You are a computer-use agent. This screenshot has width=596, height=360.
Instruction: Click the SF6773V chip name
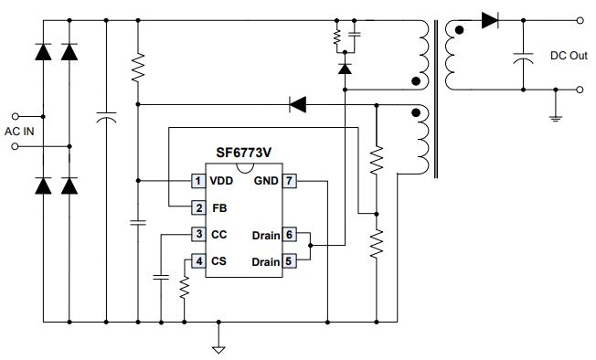(x=244, y=153)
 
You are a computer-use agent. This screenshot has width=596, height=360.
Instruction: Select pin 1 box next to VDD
(x=198, y=181)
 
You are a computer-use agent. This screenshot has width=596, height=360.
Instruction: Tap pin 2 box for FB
(x=198, y=207)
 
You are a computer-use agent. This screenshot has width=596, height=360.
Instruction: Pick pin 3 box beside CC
(x=198, y=234)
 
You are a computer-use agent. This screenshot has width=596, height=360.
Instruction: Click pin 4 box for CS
(x=198, y=261)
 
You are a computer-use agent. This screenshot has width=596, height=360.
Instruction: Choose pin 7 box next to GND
(x=289, y=181)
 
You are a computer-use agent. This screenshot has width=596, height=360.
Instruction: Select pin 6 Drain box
(x=289, y=235)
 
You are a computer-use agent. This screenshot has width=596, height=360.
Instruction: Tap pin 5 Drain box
(x=289, y=261)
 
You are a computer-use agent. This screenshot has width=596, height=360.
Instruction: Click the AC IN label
(x=19, y=132)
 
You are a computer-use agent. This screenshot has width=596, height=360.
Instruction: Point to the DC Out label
(x=569, y=56)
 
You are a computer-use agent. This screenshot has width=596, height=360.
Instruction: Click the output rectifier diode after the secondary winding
(x=490, y=20)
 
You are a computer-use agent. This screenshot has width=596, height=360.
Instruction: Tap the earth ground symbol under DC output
(x=556, y=119)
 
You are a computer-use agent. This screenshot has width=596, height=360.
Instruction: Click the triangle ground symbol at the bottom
(x=218, y=350)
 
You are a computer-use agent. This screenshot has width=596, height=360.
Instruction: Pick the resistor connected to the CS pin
(x=185, y=288)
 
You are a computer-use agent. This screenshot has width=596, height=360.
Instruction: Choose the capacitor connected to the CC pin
(x=161, y=277)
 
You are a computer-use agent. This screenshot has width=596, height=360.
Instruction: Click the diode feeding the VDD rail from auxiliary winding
(x=298, y=104)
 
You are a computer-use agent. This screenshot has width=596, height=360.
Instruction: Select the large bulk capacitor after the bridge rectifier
(x=106, y=117)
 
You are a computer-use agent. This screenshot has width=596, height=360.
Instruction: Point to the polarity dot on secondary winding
(x=459, y=30)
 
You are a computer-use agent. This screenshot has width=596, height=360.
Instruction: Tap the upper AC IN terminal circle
(x=16, y=116)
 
